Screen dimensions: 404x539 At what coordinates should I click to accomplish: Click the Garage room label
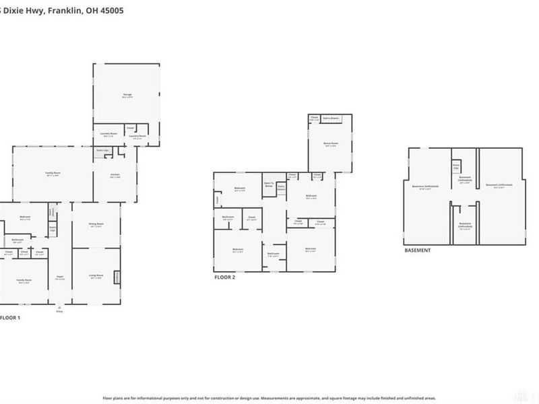(127, 96)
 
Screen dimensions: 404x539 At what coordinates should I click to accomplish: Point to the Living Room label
(96, 275)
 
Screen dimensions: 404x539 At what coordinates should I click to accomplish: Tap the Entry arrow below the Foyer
(59, 308)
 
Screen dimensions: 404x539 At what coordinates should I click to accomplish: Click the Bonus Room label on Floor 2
(331, 144)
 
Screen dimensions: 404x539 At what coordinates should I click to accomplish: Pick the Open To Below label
(268, 183)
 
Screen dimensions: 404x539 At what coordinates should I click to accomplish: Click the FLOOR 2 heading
(226, 277)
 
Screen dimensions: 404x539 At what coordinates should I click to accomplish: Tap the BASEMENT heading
(417, 250)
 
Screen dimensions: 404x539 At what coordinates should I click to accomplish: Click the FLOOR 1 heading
(10, 317)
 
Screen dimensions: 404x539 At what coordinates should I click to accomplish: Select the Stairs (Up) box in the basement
(456, 166)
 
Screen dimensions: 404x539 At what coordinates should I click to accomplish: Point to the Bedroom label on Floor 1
(25, 218)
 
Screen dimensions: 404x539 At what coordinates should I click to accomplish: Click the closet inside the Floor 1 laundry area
(131, 128)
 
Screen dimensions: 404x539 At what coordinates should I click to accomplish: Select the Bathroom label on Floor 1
(18, 240)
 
